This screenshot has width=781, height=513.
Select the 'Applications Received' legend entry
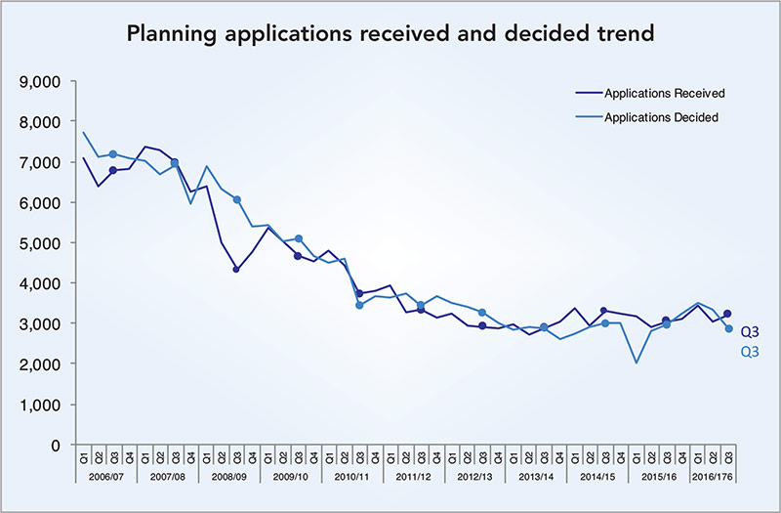coord(664,94)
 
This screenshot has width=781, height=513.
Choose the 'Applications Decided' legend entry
coord(661,117)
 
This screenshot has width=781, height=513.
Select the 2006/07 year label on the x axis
coord(106,475)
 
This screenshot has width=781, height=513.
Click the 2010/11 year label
coord(351,475)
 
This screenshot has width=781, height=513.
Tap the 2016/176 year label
coord(713,475)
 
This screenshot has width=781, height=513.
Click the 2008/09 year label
coord(228,475)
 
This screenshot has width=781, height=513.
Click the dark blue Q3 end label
coord(750,331)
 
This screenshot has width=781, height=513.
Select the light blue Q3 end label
coord(750,352)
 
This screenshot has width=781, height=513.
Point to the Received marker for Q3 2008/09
coord(237,269)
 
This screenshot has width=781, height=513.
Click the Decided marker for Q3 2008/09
coord(237,199)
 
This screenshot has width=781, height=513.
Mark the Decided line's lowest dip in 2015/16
coord(636,363)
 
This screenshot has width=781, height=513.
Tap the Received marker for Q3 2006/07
coord(113,170)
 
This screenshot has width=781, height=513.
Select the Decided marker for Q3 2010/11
coord(359,305)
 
